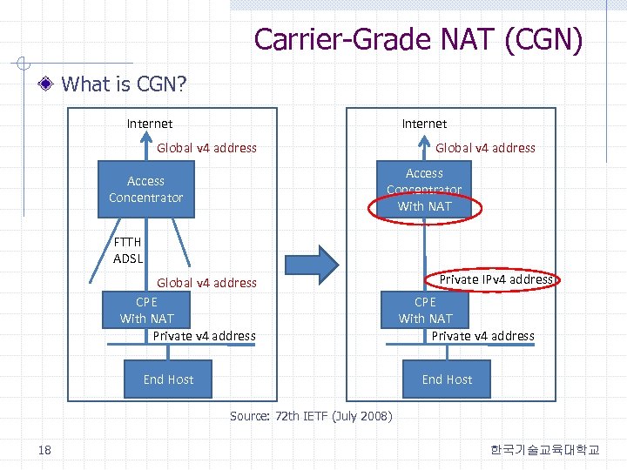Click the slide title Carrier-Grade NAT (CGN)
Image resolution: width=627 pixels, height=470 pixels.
(418, 39)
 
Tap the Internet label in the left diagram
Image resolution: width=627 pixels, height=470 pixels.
(150, 124)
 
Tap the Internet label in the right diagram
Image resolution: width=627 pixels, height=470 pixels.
(424, 124)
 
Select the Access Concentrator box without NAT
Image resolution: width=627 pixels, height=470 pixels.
(145, 189)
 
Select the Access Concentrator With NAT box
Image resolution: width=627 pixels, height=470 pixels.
(424, 189)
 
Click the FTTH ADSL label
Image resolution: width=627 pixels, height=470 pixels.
(128, 250)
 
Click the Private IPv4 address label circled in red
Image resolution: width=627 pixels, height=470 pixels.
(496, 279)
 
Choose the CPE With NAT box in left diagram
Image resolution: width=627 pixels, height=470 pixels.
(146, 310)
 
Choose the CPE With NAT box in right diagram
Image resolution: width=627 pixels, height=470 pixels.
(425, 310)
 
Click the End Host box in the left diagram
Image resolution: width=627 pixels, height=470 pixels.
(168, 379)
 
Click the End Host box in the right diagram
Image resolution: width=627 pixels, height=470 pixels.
(447, 379)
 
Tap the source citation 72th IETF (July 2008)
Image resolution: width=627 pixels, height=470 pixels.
(311, 416)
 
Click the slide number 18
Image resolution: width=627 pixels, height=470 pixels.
(44, 449)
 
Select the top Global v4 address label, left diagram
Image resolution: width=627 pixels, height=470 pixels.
(206, 148)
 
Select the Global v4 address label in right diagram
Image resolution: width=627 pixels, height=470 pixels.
(485, 148)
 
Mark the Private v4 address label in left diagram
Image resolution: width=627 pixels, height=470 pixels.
(204, 336)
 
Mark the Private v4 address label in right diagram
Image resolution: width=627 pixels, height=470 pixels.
(483, 336)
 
